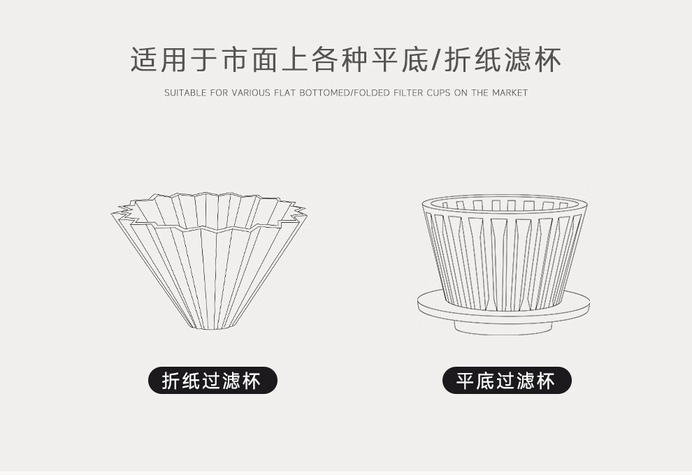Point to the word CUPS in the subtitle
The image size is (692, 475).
[438, 93]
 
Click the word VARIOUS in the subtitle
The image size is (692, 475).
[251, 93]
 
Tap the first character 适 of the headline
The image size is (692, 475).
[144, 59]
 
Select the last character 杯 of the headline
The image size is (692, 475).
[548, 59]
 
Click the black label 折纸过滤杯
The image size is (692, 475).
[212, 381]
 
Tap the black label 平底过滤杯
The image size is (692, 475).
[507, 381]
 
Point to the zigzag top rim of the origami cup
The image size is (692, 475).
[208, 212]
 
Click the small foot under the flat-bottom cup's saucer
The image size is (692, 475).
[503, 328]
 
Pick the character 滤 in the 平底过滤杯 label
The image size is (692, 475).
[526, 381]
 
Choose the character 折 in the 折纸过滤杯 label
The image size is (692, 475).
[172, 381]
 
